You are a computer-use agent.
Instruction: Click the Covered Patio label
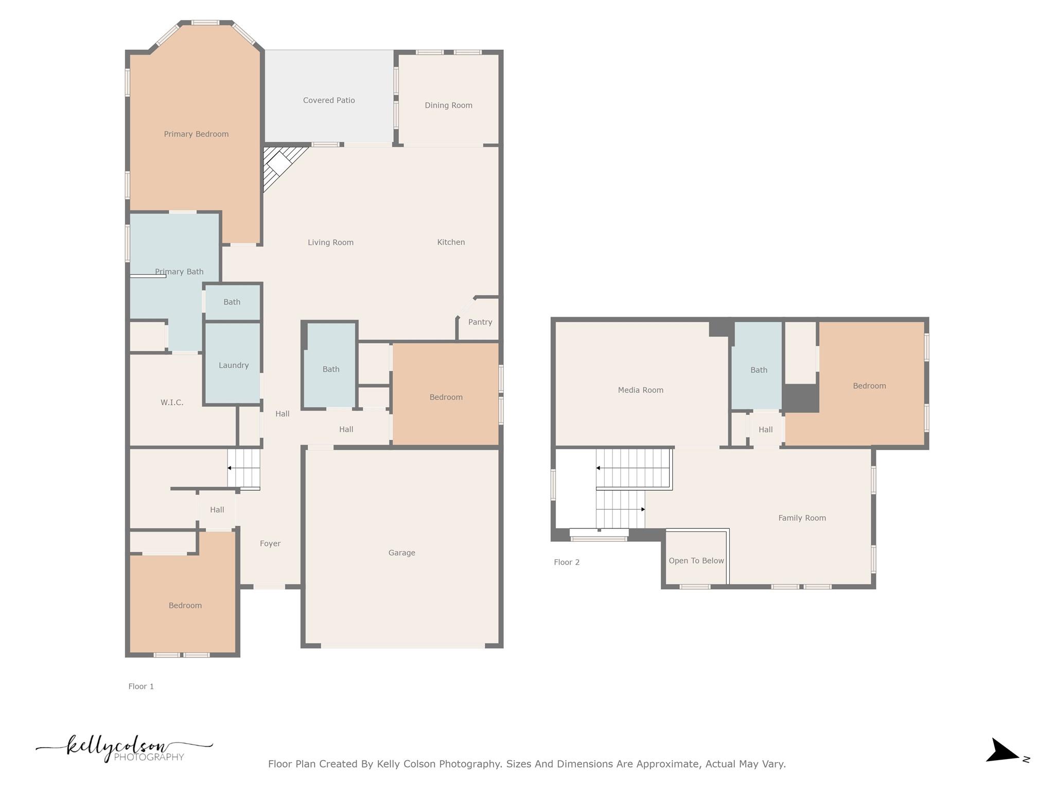pos(329,100)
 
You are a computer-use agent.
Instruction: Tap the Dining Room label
pos(448,106)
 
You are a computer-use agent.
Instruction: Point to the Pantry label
pos(480,322)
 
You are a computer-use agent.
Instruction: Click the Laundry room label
pos(234,366)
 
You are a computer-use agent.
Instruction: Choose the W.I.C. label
pos(172,403)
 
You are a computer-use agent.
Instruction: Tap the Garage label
pos(401,553)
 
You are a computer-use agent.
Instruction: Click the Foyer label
pos(270,544)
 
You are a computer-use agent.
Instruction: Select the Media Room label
pos(640,390)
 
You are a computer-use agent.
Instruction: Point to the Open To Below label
pos(696,561)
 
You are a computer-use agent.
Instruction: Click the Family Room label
pos(802,518)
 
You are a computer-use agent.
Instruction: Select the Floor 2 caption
pos(567,562)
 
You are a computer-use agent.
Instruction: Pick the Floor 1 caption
pos(141,686)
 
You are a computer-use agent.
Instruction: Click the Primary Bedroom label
pos(196,134)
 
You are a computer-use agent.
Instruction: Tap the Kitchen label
pos(451,243)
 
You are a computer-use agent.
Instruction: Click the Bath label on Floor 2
pos(759,370)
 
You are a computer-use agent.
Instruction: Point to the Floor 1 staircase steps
pos(244,468)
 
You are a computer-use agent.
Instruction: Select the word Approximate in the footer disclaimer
pos(667,764)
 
